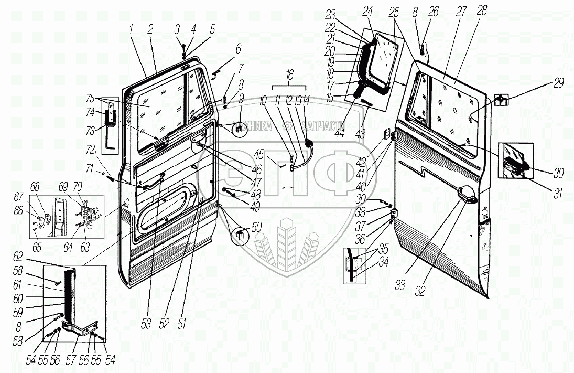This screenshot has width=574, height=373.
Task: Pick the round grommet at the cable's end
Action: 309,143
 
